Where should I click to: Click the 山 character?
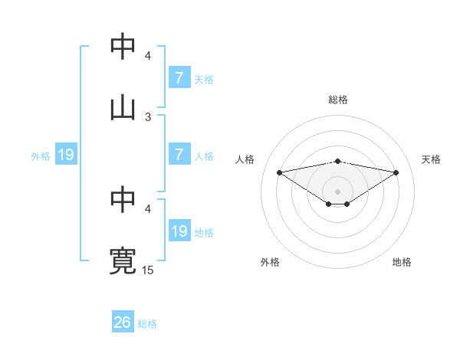tap(123, 107)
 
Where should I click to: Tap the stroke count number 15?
tap(148, 270)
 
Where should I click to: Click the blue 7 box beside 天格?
tap(179, 78)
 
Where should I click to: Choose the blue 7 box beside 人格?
tap(179, 155)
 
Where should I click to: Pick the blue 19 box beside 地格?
tap(179, 231)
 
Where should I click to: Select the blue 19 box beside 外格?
tap(66, 155)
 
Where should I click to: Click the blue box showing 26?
tap(123, 322)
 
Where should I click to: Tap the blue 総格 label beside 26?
tap(147, 324)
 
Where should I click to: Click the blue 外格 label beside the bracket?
tap(41, 155)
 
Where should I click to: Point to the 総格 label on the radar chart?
tap(338, 100)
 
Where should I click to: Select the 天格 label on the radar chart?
tap(432, 159)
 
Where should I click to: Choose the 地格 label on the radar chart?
tap(402, 262)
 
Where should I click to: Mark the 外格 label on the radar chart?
tap(270, 262)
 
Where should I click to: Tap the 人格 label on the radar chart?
tap(245, 159)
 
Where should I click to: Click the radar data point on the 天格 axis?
tap(396, 172)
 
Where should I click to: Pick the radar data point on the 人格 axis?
tap(280, 172)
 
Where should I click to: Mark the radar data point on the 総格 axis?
tap(338, 161)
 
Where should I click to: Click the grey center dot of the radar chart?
tap(338, 191)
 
